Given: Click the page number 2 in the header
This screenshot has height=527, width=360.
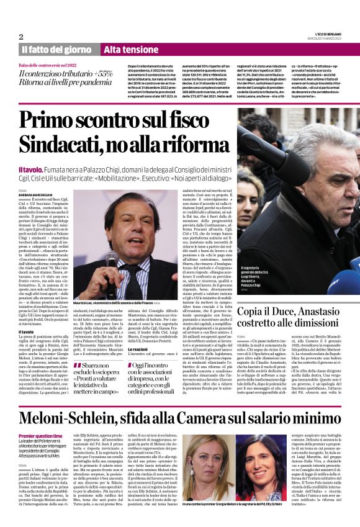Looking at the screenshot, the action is (x=21, y=37).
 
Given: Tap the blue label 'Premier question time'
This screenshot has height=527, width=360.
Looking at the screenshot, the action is (x=40, y=419).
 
